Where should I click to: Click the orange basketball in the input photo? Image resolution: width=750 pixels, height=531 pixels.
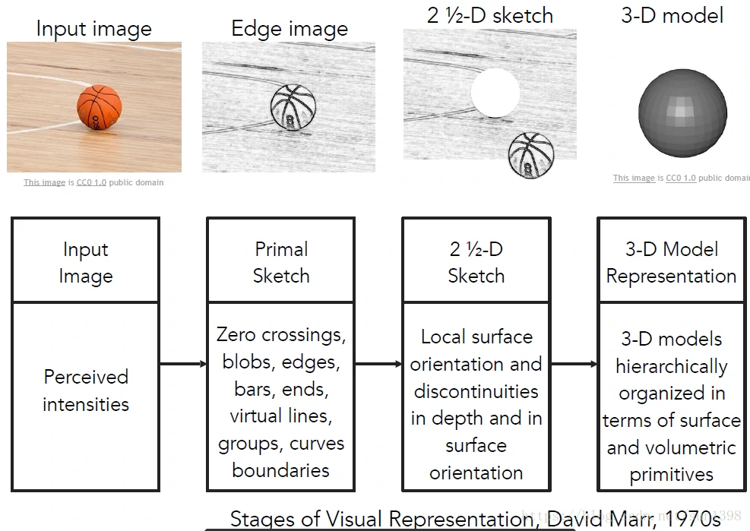99,106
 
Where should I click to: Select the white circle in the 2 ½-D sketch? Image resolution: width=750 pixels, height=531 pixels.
495,92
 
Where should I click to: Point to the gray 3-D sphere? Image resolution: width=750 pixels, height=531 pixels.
682,113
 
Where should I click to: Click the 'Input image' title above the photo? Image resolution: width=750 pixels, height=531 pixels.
93,30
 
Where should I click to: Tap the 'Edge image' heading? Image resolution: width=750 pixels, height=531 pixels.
290,30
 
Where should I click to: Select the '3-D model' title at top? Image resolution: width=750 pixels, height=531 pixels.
672,15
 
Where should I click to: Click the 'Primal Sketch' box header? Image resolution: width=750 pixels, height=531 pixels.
280,262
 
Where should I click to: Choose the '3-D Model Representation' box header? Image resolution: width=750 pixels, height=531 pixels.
671,262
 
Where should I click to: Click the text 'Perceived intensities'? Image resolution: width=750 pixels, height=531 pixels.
86,390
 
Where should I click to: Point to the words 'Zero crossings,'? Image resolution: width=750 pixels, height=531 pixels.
281,335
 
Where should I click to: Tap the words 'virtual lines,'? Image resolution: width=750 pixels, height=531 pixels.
281,416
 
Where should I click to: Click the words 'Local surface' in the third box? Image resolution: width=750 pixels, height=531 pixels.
476,337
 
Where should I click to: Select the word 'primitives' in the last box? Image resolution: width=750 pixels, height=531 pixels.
671,475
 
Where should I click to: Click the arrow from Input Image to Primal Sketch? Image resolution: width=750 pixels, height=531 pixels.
183,364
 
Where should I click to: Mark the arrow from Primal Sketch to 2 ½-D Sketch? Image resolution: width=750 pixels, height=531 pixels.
378,364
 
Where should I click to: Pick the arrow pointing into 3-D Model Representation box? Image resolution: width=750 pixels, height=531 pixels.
574,364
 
